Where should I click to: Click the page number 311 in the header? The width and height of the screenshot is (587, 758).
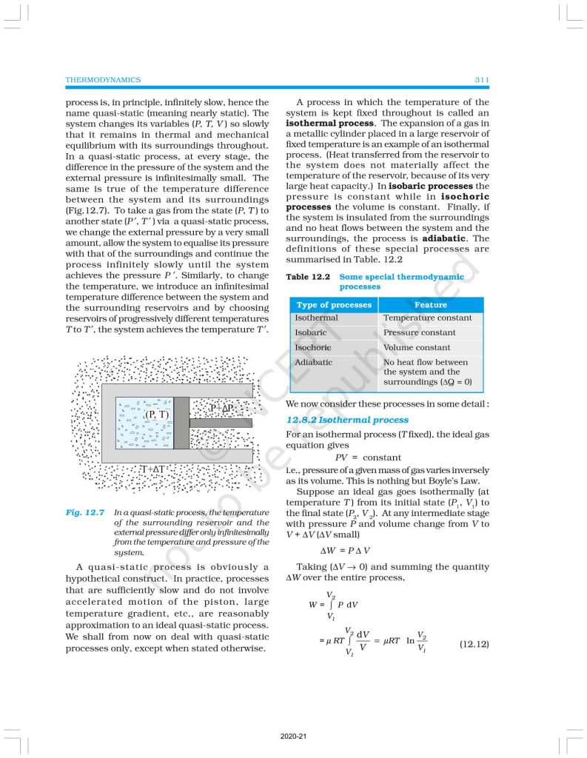click(x=480, y=79)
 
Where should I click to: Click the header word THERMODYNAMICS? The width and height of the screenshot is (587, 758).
click(x=103, y=79)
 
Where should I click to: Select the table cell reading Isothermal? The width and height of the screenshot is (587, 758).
click(x=316, y=318)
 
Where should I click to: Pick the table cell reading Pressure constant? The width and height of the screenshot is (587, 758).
click(x=419, y=333)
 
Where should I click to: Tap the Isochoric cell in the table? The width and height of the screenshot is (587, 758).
click(x=313, y=348)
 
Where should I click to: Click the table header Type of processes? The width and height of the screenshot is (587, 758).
click(x=334, y=304)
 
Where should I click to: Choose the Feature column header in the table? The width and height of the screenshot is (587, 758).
click(x=431, y=304)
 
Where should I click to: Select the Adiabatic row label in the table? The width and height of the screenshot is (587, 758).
click(x=314, y=363)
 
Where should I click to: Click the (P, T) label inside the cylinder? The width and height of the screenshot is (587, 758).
click(x=156, y=415)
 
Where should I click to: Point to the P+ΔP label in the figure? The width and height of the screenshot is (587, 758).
click(x=221, y=408)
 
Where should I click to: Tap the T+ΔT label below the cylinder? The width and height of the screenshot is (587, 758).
click(x=158, y=469)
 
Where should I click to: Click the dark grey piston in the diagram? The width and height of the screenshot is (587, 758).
click(x=181, y=422)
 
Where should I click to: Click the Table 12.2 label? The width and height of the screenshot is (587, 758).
click(x=308, y=277)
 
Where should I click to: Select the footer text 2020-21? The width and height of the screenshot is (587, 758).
click(x=293, y=737)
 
